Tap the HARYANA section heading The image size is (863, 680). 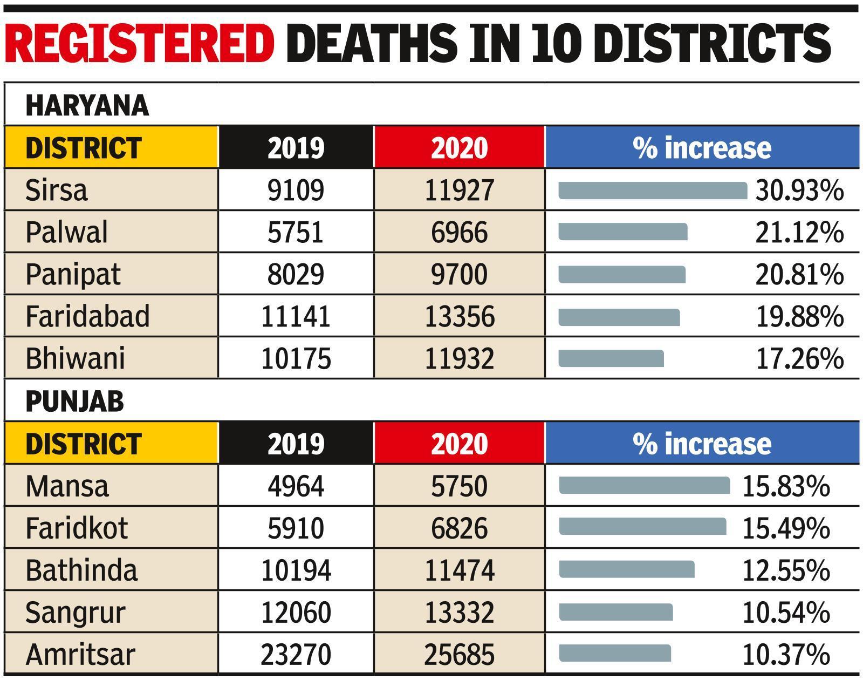pyautogui.click(x=87, y=105)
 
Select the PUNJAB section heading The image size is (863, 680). pyautogui.click(x=74, y=402)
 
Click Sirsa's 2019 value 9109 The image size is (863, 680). pyautogui.click(x=296, y=191)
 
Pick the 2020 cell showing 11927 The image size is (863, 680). pyautogui.click(x=459, y=191)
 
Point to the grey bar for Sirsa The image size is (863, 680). pyautogui.click(x=653, y=191)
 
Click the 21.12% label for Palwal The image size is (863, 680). pyautogui.click(x=799, y=233)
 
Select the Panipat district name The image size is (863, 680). pyautogui.click(x=73, y=275)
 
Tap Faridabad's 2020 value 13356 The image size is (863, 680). pyautogui.click(x=459, y=317)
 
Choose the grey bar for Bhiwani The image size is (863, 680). pyautogui.click(x=611, y=359)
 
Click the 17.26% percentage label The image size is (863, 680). pyautogui.click(x=799, y=359)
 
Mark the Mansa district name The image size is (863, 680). pyautogui.click(x=67, y=486)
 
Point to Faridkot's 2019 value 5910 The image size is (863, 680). pyautogui.click(x=296, y=528)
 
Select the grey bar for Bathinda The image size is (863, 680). pyautogui.click(x=627, y=570)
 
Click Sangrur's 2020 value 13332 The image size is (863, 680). pyautogui.click(x=459, y=612)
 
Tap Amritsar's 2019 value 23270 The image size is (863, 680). pyautogui.click(x=296, y=654)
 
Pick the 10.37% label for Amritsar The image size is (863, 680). pyautogui.click(x=786, y=654)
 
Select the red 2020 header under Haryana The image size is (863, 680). pyautogui.click(x=459, y=148)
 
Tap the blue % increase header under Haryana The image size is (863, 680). pyautogui.click(x=702, y=148)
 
